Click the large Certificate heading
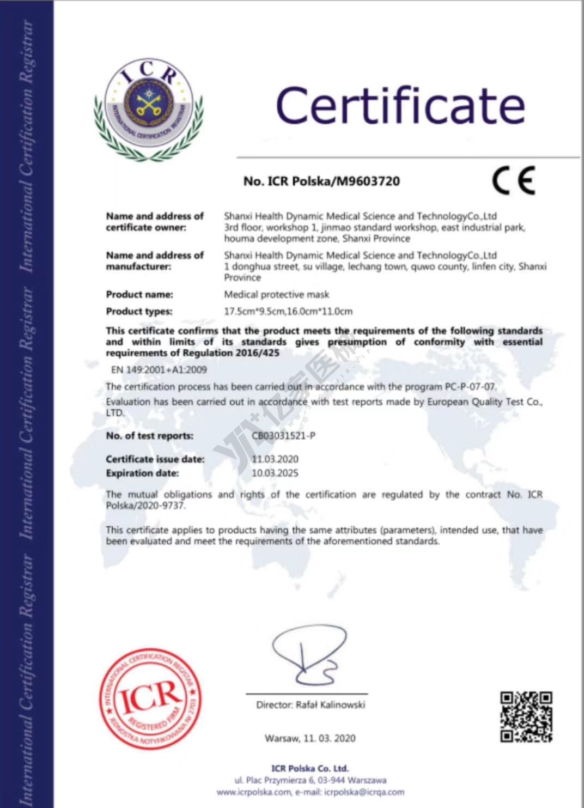pos(400,106)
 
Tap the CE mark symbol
pos(513,180)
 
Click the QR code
pos(526,716)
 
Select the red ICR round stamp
pos(150,699)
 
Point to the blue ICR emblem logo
pos(149,108)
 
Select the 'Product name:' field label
pos(139,295)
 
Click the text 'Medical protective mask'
pos(277,295)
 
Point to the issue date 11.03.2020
pos(275,459)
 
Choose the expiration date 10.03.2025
pos(275,473)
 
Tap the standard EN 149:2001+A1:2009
pos(159,370)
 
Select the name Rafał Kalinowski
pos(330,705)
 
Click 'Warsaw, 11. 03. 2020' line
pos(310,738)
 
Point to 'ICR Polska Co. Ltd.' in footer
pos(310,768)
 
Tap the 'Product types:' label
pos(139,312)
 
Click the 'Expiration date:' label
pos(142,473)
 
